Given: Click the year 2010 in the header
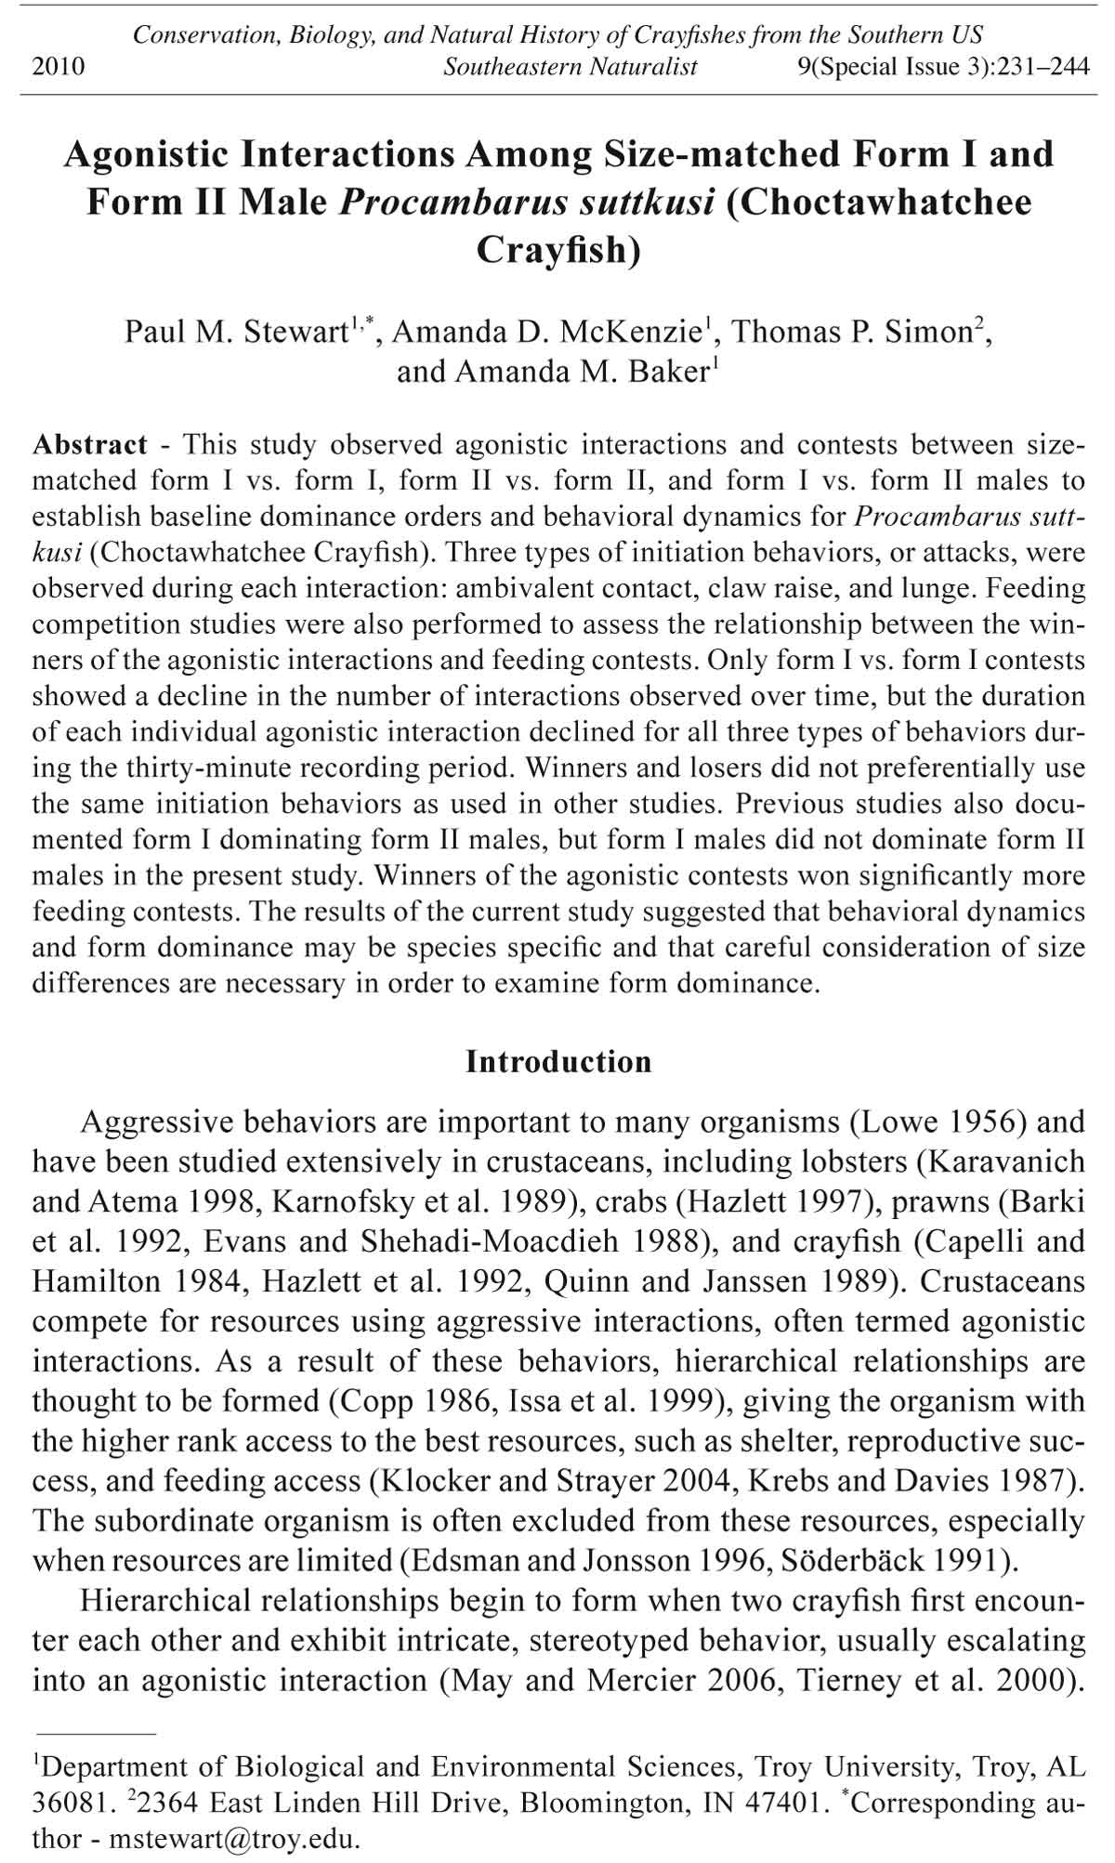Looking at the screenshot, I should (x=59, y=67).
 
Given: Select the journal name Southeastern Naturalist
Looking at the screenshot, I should (x=571, y=67).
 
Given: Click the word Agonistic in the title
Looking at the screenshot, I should (x=146, y=154).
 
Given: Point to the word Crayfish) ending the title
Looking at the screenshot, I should (x=558, y=251).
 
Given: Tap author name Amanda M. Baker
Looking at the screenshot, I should (x=554, y=372).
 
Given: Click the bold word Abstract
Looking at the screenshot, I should (x=90, y=445).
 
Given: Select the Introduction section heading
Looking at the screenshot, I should (x=558, y=1062).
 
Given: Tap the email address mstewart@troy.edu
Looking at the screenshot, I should (x=232, y=1839).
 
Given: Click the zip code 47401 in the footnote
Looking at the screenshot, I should (x=781, y=1803).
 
